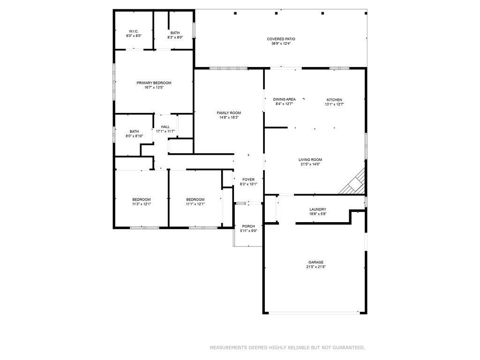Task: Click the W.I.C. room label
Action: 134,31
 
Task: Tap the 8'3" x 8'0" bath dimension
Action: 175,37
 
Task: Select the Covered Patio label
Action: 281,39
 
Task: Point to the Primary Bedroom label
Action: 154,82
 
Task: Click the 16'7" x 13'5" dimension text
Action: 154,87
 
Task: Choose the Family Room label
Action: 229,112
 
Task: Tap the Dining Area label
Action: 285,99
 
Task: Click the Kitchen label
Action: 334,99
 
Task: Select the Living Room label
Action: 310,159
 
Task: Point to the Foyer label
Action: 248,180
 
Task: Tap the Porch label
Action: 248,226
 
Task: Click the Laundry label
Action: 318,209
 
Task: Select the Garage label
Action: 315,262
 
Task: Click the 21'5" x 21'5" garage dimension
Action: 315,267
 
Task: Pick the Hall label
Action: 165,127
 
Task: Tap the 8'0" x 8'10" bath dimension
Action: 134,136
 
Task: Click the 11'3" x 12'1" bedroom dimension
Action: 141,204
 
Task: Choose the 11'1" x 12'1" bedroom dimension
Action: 195,204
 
